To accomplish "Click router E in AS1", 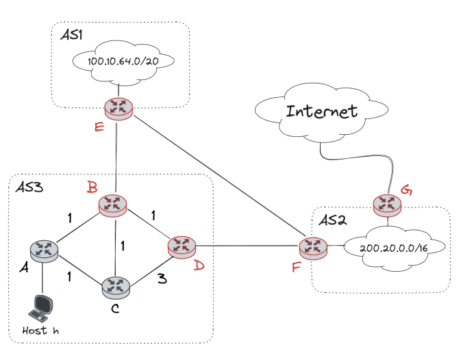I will [x=118, y=107].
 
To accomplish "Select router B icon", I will [x=112, y=204].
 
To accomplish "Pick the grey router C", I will [x=115, y=287].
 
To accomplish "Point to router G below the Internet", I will [x=388, y=204].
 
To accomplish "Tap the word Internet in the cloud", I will [x=321, y=111].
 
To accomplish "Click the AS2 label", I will [x=335, y=220].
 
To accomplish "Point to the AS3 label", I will [x=29, y=188].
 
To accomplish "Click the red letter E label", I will [x=99, y=127].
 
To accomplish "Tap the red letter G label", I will [x=406, y=190].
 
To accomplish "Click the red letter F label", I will [x=296, y=266].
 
